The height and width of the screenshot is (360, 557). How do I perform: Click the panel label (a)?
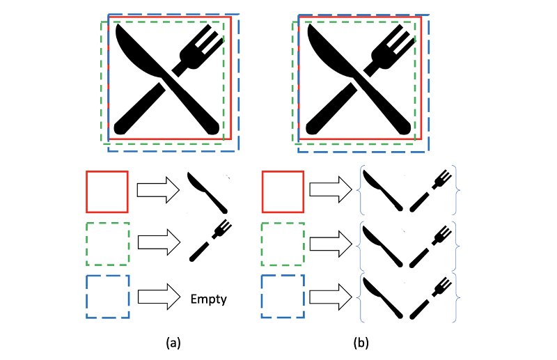coord(174,343)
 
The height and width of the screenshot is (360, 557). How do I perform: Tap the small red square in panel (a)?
coord(107,191)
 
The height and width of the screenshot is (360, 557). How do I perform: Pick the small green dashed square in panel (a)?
coord(107,244)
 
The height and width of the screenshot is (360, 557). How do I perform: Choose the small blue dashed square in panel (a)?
coord(107,297)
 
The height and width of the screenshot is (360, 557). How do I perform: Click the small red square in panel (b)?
coord(283,191)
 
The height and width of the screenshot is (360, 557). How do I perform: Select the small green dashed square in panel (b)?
coord(283,244)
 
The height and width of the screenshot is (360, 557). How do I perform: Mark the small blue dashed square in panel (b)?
coord(283,297)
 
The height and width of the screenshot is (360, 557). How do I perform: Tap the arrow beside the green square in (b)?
coord(331,244)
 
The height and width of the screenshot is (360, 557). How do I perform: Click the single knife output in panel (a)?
coord(208,193)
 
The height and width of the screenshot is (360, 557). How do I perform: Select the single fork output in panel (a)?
coord(210,240)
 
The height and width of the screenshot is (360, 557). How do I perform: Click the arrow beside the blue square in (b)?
coord(331,297)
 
